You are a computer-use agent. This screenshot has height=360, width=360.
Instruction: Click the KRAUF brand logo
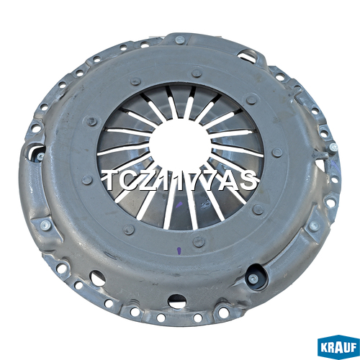click(x=338, y=347)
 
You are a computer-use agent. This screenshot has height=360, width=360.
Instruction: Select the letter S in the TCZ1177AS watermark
click(x=249, y=181)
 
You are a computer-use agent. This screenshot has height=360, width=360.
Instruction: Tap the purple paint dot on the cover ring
click(x=179, y=251)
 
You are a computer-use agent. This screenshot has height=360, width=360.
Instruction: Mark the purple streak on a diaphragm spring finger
click(x=179, y=205)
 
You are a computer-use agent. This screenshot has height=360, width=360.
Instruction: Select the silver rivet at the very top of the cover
click(x=180, y=40)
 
